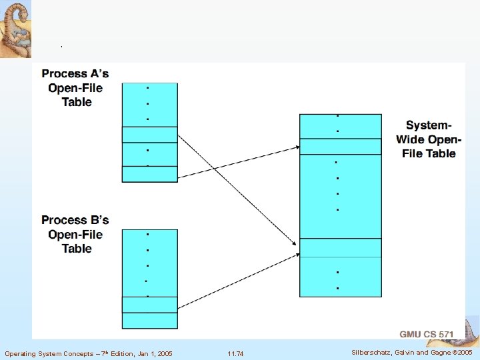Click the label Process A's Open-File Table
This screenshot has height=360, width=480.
pyautogui.click(x=75, y=87)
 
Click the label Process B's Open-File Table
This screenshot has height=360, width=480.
pyautogui.click(x=75, y=234)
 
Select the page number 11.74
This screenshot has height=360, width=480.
pyautogui.click(x=235, y=353)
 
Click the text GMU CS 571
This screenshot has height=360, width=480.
pyautogui.click(x=427, y=333)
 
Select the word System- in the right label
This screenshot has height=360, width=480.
pyautogui.click(x=429, y=125)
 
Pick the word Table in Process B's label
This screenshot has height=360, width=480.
pyautogui.click(x=76, y=249)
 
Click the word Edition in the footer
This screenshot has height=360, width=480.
pyautogui.click(x=125, y=353)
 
